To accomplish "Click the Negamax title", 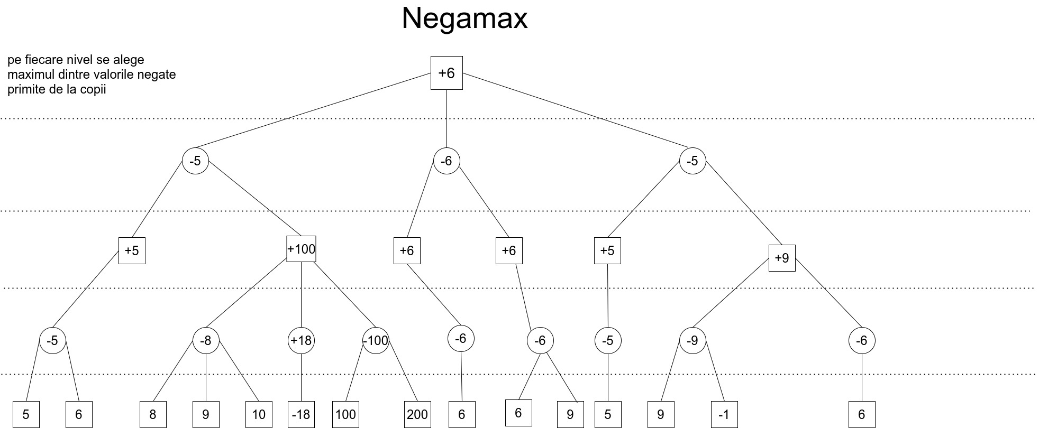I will [464, 19].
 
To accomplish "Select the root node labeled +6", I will [446, 73].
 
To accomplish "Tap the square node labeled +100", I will [301, 249].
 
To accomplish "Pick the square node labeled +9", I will [781, 258].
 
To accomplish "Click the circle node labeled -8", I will [205, 341].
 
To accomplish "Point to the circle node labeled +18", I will [301, 341].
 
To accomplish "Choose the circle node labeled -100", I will [376, 341].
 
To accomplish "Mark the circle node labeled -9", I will [692, 341].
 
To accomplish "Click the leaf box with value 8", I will [152, 414].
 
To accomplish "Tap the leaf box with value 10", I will [259, 414].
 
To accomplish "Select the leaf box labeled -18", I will [302, 414].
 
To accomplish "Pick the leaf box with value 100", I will [345, 414].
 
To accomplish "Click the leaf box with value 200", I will [417, 414].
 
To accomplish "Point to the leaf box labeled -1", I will [724, 414].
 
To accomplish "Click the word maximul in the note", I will [28, 75].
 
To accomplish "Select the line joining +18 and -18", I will [301, 378].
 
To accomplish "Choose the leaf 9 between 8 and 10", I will [205, 414].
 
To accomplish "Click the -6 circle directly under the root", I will [446, 161].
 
